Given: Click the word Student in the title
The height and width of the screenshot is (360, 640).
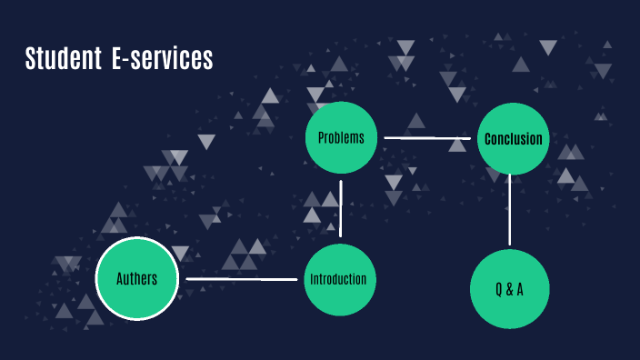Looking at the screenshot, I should click(x=62, y=59).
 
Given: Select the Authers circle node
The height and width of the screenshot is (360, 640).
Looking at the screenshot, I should click(x=136, y=278).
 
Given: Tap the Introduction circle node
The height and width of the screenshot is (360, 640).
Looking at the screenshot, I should click(x=340, y=279).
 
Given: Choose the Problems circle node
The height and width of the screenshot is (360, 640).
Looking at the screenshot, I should click(x=341, y=137).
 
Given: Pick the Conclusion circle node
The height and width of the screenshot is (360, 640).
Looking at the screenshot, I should click(x=513, y=138).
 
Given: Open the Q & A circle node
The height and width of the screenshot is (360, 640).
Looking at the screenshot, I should click(x=510, y=288).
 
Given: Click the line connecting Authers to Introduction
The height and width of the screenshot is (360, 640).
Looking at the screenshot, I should click(x=242, y=278).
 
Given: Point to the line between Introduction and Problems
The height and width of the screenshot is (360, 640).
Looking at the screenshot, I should click(x=341, y=208).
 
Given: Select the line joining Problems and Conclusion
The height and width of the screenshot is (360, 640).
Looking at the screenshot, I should click(x=426, y=138).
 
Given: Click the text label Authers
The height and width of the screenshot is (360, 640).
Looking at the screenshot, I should click(x=136, y=278).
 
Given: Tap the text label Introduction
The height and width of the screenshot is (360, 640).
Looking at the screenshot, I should click(x=338, y=279).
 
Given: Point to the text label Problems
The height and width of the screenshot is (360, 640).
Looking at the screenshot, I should click(x=341, y=138).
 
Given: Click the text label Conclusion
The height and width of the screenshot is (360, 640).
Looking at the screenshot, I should click(x=513, y=139).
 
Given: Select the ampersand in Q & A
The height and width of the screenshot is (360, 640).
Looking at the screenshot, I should click(x=509, y=289).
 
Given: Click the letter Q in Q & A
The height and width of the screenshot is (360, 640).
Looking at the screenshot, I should click(x=498, y=289).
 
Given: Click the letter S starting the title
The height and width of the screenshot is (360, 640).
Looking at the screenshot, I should click(x=29, y=59).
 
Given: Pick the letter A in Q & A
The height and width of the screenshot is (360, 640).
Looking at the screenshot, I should click(x=520, y=289).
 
